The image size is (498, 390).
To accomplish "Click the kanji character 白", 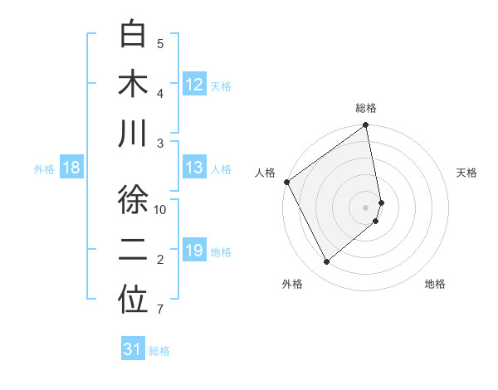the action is coord(133,34).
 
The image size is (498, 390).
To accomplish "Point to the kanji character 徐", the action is coord(133,200).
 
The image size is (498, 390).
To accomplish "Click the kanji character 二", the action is coord(133,251).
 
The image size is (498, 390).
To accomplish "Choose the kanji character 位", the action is coord(133,300).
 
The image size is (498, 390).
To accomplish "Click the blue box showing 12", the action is coord(194,84).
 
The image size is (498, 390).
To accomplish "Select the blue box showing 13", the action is coord(194,168).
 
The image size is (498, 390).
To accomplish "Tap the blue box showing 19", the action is coord(194,251).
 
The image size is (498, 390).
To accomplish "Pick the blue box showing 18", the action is coord(71,168).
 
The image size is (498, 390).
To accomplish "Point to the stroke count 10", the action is coord(161,210).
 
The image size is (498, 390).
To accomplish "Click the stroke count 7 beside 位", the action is coord(160,310).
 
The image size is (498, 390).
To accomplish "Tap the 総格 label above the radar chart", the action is coord(366,108).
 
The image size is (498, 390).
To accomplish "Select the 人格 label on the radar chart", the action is coord(266,173).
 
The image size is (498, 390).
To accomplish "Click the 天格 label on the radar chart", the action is coord(466,173).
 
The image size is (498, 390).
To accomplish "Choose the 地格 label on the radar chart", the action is coord(435,284).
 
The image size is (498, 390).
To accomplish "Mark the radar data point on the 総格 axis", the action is coord(365,126).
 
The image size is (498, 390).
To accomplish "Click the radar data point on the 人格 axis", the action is coord(287,182).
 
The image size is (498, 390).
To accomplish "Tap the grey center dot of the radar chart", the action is coord(365,207).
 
